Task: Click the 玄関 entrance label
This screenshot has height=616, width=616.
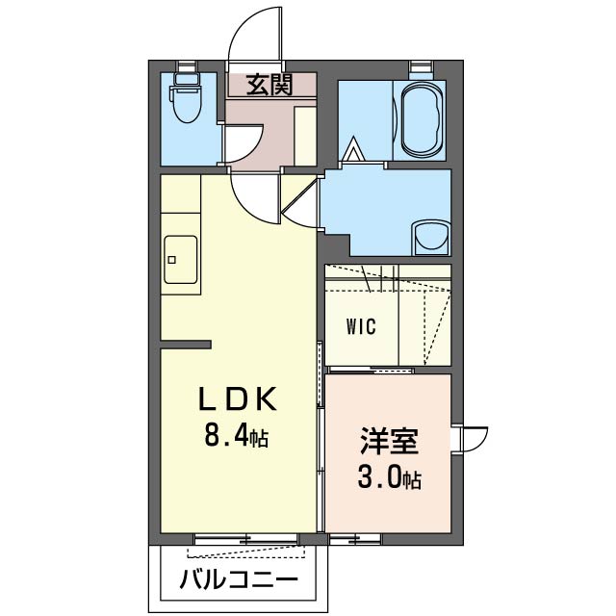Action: (269, 86)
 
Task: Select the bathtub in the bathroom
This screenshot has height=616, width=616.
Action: (422, 119)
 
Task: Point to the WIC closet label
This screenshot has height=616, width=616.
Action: (362, 324)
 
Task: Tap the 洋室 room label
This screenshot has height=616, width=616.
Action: (389, 442)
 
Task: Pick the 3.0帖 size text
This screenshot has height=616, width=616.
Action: (388, 478)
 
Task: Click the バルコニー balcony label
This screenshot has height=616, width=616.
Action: (240, 581)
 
